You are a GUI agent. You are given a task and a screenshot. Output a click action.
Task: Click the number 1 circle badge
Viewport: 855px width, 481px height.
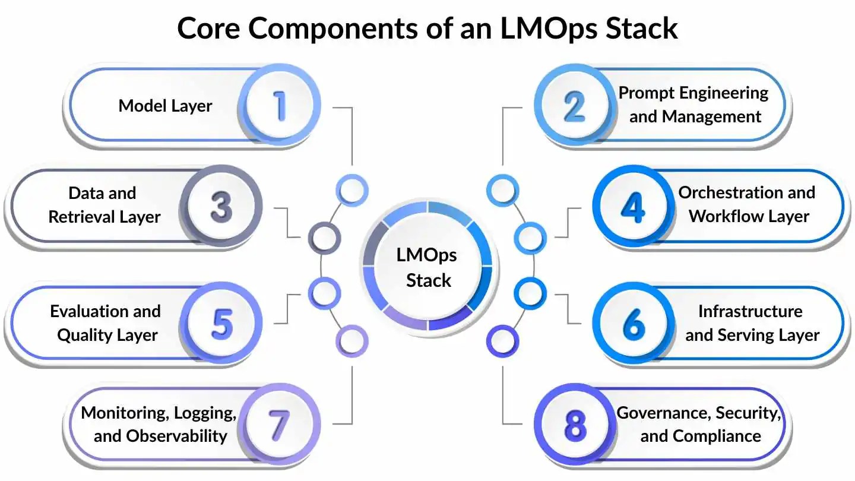click(280, 105)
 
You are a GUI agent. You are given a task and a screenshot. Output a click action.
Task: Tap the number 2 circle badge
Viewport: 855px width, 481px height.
click(574, 105)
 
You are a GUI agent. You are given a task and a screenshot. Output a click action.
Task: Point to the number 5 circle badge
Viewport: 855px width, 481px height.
click(221, 324)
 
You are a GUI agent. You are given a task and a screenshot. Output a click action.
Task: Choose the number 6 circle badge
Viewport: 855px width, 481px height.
click(634, 324)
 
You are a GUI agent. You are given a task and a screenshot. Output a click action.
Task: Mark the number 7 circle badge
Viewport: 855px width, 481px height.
click(280, 425)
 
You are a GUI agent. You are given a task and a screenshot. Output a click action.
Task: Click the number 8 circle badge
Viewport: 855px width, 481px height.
click(574, 425)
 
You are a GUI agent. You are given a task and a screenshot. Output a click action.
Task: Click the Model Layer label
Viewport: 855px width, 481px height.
click(165, 106)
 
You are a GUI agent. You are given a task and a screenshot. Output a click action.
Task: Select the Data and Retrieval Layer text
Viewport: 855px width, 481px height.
click(104, 205)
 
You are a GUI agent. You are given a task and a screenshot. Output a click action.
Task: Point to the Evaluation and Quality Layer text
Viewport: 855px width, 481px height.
click(106, 323)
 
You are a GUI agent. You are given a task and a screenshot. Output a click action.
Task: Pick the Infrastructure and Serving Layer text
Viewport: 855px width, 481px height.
click(752, 323)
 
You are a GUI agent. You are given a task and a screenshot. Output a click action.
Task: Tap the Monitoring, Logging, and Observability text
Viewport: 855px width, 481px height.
click(159, 424)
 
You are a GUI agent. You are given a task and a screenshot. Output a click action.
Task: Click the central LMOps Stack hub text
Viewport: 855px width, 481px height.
click(427, 267)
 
